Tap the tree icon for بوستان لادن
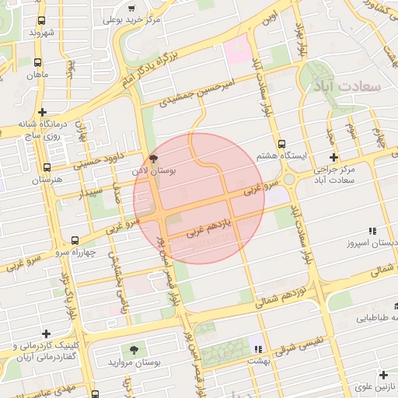152,156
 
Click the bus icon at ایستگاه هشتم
281,144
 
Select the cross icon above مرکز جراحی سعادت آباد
333,157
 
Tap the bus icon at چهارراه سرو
75,240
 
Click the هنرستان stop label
46,180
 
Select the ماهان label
37,75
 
